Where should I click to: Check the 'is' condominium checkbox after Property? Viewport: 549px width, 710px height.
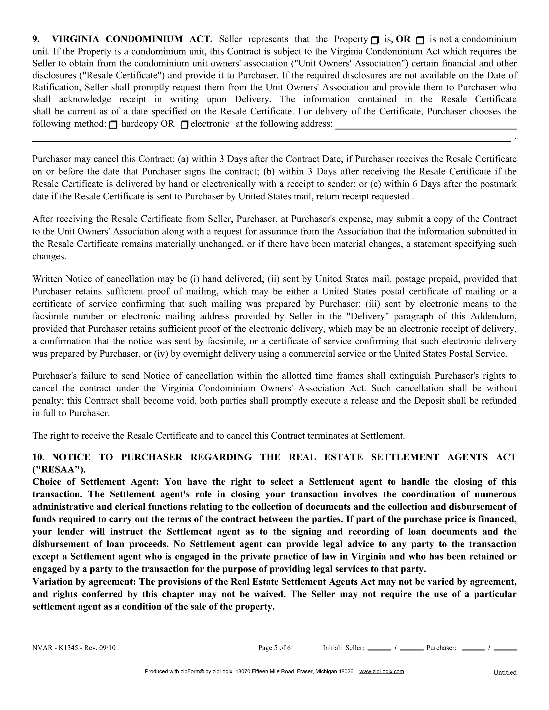coord(375,40)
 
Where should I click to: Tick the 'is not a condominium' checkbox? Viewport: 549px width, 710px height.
coord(420,40)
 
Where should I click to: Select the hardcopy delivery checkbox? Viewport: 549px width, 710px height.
coord(113,125)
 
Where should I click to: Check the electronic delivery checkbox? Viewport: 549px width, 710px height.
coord(184,125)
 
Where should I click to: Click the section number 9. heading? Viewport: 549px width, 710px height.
coord(36,39)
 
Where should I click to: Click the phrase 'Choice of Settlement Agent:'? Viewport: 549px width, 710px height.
coord(95,482)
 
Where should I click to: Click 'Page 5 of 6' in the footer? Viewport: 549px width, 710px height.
coord(274,648)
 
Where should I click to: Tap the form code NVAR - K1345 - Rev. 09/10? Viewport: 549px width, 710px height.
coord(74,648)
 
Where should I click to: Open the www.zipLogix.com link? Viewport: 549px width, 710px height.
coord(381,671)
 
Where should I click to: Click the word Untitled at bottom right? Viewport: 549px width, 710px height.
coord(505,672)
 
